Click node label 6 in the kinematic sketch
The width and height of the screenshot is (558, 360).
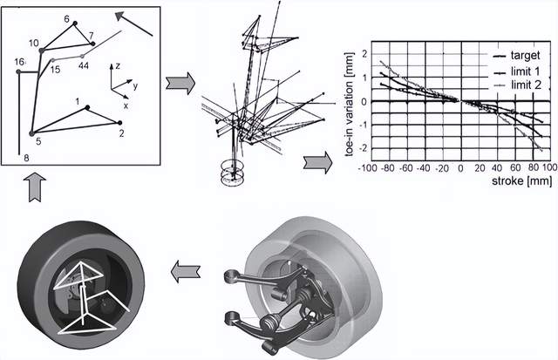pos(66,19)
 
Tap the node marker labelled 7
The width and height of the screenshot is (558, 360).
pos(93,44)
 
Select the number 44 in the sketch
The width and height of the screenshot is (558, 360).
pos(84,65)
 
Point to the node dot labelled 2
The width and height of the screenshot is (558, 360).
pos(119,123)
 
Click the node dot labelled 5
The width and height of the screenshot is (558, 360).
pos(31,133)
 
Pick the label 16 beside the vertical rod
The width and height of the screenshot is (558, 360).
pos(19,62)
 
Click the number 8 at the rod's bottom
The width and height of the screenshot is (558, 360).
pos(26,158)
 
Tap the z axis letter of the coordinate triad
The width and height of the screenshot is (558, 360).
pos(118,65)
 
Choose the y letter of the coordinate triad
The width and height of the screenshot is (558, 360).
pos(135,85)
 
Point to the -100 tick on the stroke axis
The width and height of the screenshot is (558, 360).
pos(366,168)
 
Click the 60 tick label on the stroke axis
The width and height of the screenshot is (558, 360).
pos(515,168)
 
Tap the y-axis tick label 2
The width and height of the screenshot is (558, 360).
pos(364,54)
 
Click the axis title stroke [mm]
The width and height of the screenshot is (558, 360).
pos(521,180)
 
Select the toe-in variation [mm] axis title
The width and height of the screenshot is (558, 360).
pos(350,105)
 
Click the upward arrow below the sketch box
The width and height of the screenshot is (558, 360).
pos(35,187)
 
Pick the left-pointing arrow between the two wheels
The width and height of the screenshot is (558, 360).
pos(186,271)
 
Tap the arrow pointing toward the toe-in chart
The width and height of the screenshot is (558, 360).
pos(317,163)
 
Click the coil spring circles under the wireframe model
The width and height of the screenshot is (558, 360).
pos(232,173)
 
